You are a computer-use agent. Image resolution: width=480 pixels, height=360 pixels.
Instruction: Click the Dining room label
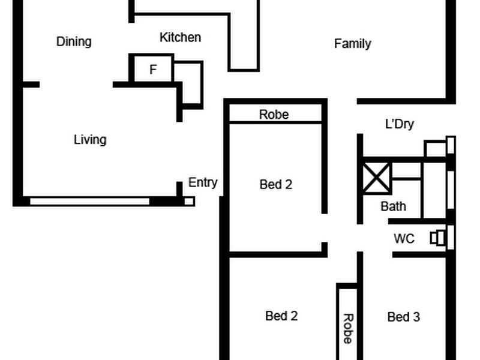[x=74, y=41]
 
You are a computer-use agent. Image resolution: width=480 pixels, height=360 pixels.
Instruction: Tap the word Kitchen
[x=180, y=37]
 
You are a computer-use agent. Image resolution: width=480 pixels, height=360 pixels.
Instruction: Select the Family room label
[x=352, y=43]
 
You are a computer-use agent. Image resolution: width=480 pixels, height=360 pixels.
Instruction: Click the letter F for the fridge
[x=153, y=70]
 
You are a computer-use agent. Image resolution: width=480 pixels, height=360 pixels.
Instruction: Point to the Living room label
[x=90, y=140]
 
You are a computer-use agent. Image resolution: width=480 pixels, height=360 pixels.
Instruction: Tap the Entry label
[x=203, y=182]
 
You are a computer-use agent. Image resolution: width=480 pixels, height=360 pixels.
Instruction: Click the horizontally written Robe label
[x=274, y=114]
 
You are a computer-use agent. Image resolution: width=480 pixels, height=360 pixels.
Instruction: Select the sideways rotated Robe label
[x=347, y=328]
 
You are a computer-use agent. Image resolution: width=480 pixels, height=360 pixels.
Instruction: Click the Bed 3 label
[x=403, y=317]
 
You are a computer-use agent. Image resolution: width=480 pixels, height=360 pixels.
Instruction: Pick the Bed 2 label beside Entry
[x=275, y=184]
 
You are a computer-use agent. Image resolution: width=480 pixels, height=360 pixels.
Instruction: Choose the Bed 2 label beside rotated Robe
[x=281, y=316]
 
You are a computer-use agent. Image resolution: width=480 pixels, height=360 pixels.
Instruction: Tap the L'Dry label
[x=399, y=124]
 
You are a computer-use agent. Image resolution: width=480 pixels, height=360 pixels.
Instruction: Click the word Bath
[x=393, y=206]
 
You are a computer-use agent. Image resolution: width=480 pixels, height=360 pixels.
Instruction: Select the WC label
[x=404, y=238]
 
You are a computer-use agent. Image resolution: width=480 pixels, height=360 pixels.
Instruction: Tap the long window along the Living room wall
[x=90, y=202]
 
